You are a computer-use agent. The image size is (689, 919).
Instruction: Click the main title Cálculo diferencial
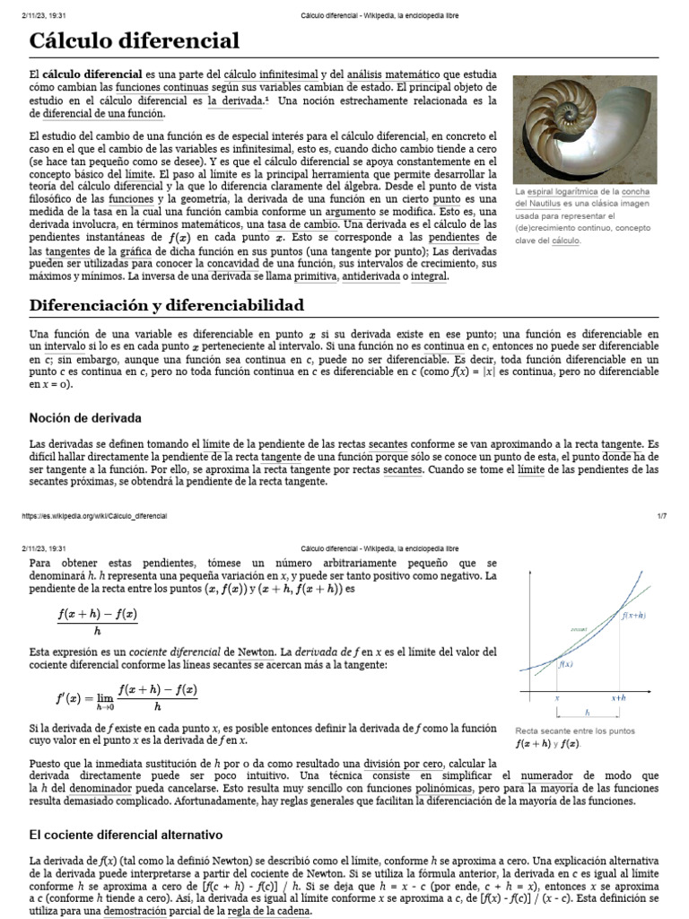click(135, 40)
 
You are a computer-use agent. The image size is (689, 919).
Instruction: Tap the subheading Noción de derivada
click(85, 418)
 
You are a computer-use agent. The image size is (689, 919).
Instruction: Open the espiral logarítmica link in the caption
click(561, 192)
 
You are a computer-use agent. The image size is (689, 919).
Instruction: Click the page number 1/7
click(662, 516)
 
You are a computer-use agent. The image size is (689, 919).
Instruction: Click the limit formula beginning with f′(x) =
click(127, 696)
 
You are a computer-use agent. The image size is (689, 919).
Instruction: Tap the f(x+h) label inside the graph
click(634, 616)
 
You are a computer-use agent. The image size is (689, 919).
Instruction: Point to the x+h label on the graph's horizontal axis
click(619, 696)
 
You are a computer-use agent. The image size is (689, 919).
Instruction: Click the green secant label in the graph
click(579, 630)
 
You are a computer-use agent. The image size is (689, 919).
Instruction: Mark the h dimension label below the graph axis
click(588, 713)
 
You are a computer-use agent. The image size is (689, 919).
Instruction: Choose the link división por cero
click(400, 761)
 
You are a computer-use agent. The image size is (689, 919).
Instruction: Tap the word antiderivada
click(375, 276)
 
